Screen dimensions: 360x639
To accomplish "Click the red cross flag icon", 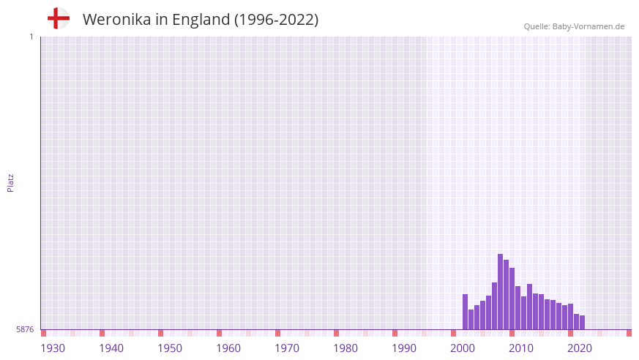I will coord(59,19).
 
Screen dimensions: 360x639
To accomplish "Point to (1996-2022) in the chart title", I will coord(276,20).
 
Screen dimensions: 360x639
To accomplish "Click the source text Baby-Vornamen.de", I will coord(588,26).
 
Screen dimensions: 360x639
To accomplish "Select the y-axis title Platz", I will coord(10,182).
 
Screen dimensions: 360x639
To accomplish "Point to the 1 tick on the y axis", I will coord(31,37).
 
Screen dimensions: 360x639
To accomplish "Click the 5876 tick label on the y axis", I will coord(25,330).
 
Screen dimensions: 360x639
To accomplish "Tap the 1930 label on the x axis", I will coord(53,348).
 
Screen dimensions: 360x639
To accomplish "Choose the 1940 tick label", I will coord(111,348).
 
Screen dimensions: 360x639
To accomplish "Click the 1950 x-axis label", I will coord(170,348).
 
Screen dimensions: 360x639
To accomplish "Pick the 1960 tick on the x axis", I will coord(228,348).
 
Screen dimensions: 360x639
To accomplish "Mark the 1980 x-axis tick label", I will coord(345,348).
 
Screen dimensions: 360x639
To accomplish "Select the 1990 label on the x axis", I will coord(404,348).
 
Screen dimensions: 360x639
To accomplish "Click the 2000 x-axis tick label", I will coord(463,348).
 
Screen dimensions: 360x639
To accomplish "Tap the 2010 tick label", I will coord(521,348).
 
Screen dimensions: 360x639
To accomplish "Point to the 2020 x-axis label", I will coord(580,348).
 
